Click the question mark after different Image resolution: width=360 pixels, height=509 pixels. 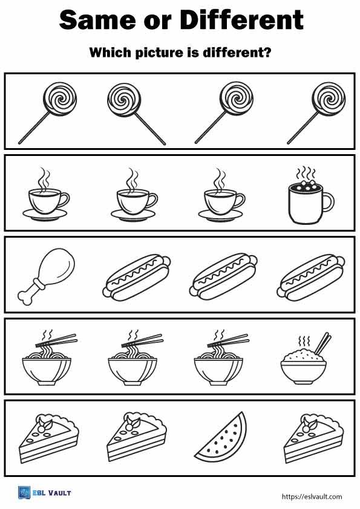(267, 53)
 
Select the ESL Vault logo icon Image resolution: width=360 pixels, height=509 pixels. (24, 493)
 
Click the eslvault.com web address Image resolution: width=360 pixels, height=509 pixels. (312, 497)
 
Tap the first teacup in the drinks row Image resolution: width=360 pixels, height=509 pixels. (46, 199)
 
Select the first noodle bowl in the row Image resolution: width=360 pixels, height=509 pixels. (46, 363)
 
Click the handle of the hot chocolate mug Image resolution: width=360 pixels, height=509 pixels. (327, 203)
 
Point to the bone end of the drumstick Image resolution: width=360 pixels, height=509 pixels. (28, 297)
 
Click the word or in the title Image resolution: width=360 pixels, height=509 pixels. (156, 21)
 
